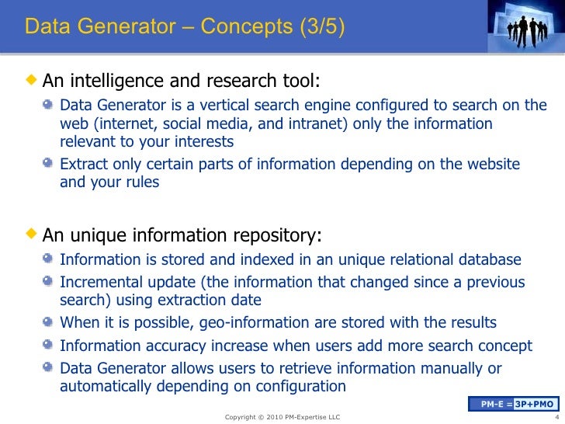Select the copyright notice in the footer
pyautogui.click(x=282, y=417)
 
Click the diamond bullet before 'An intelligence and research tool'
pyautogui.click(x=31, y=80)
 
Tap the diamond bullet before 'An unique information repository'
pyautogui.click(x=31, y=234)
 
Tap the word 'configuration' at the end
pyautogui.click(x=300, y=386)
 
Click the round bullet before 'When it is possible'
pyautogui.click(x=50, y=322)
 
